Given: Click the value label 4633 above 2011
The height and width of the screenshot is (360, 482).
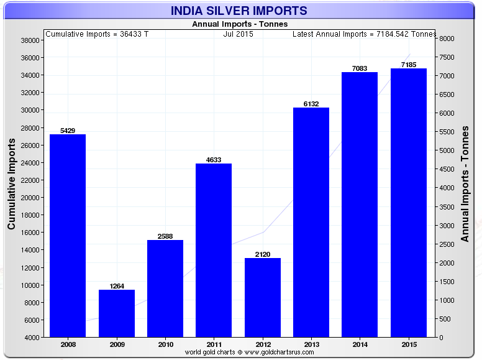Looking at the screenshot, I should tap(214, 160).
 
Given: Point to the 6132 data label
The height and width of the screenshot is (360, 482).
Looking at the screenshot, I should tap(311, 104).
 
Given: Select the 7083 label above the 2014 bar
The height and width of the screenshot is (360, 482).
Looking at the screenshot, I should tap(360, 68).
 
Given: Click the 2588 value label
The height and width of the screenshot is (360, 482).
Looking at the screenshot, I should tap(165, 236).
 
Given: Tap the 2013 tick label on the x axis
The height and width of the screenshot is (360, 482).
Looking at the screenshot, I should tap(311, 344).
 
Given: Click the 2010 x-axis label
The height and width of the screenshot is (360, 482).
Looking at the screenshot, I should tap(165, 344).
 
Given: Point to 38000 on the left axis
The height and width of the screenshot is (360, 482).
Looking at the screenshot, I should tap(31, 40).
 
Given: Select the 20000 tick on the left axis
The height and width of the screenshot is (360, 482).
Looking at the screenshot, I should tap(31, 198).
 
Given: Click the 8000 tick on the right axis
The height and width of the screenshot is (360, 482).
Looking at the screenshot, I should tap(448, 39).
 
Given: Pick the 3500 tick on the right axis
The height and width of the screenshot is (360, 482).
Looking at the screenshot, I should tap(448, 207).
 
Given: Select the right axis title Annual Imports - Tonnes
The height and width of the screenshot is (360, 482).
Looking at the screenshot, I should tap(465, 183).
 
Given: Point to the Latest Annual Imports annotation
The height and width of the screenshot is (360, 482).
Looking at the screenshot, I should tap(364, 34).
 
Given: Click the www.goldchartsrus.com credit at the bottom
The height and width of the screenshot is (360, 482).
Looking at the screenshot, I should tap(249, 352).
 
